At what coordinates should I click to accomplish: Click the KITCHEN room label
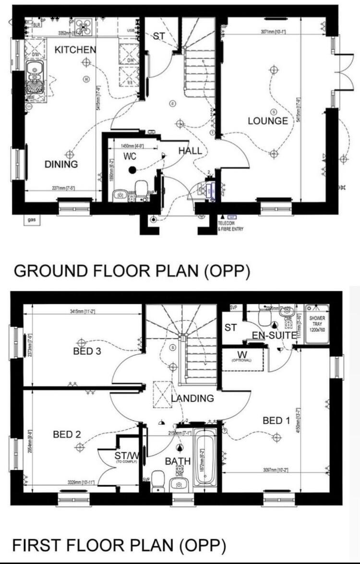click(75, 49)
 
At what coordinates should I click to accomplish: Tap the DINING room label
click(61, 165)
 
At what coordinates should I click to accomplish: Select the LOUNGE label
click(268, 121)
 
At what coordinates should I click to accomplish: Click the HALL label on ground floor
click(190, 151)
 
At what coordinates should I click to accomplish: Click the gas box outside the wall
click(32, 220)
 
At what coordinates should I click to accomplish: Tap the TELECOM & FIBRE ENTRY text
click(230, 226)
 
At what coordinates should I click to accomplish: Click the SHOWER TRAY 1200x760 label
click(317, 324)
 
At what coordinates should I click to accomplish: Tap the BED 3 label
click(87, 351)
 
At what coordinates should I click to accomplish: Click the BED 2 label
click(67, 434)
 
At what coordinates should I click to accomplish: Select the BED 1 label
click(276, 421)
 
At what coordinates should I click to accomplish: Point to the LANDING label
click(192, 398)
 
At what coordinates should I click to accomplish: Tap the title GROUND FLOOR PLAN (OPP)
click(132, 271)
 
